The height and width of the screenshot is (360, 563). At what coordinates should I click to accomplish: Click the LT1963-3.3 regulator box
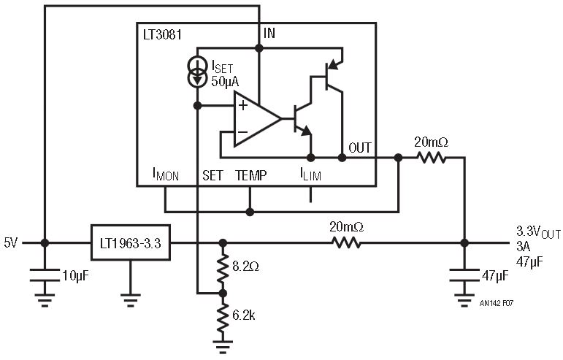point(130,242)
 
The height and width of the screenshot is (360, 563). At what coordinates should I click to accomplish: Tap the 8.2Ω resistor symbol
point(223,268)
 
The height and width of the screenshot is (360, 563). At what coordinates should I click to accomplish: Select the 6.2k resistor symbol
point(223,318)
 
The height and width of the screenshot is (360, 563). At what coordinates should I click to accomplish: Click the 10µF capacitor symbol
point(45,275)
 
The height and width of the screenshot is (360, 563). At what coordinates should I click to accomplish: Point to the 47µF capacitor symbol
point(464,275)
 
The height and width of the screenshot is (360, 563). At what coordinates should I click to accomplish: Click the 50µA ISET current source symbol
point(197,72)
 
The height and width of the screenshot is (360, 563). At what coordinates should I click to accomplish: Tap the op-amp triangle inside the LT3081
point(258,119)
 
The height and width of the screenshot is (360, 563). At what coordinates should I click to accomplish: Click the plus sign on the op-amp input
point(243,106)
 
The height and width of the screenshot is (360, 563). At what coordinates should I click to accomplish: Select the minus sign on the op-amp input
point(242,132)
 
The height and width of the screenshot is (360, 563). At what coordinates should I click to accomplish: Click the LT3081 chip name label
point(162,35)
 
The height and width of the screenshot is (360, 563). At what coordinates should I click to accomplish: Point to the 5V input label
point(11,243)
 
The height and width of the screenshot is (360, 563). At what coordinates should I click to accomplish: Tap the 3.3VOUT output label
point(538,232)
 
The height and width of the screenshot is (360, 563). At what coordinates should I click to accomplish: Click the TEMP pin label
point(251,175)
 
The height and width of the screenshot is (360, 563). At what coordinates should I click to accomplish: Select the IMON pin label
point(166,175)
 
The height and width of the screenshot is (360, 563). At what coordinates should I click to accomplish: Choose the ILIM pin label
point(310,175)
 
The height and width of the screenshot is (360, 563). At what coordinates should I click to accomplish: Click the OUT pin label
point(360,148)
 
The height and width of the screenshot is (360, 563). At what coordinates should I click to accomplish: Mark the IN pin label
point(269,34)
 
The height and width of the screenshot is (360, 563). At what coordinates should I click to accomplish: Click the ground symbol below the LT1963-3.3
point(130,300)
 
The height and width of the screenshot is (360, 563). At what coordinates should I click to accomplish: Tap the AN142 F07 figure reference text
point(497,303)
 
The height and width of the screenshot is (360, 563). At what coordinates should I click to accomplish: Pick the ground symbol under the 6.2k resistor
point(223,347)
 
